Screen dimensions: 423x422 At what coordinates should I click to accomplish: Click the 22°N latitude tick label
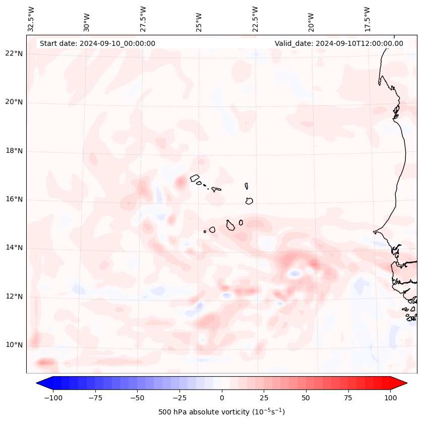14,53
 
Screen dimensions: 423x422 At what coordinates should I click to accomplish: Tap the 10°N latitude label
14,345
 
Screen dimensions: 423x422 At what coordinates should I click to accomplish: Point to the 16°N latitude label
14,199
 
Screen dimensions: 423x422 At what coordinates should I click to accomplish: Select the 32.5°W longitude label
31,19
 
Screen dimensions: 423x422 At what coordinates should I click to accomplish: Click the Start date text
97,43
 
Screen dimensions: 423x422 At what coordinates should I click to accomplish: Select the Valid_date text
339,43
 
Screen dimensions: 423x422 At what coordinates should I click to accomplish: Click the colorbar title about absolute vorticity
221,412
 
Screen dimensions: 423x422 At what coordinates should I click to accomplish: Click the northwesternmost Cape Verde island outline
195,177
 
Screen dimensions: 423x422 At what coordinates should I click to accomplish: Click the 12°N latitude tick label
14,296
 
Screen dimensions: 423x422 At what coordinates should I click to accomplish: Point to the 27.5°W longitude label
143,19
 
